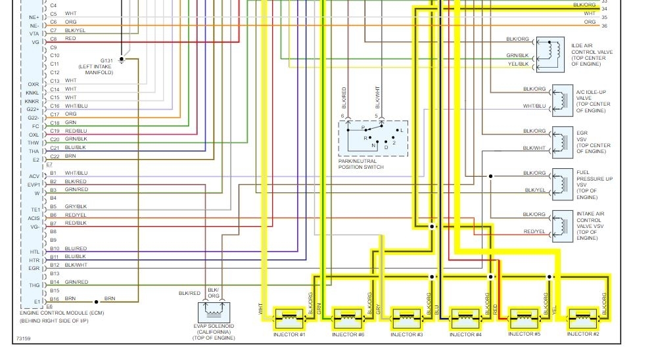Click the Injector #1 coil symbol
coord(289,319)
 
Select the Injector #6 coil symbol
coord(348,319)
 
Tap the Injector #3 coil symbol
coord(407,319)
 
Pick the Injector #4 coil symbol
coord(465,319)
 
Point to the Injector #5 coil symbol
coord(525,319)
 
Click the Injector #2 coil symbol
coord(583,319)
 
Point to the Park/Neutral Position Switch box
coord(373,138)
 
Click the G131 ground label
coord(106,60)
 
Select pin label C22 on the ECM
coord(55,156)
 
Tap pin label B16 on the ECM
coord(55,299)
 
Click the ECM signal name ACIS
coord(34,218)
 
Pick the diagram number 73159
coord(24,340)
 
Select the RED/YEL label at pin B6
coord(76,215)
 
